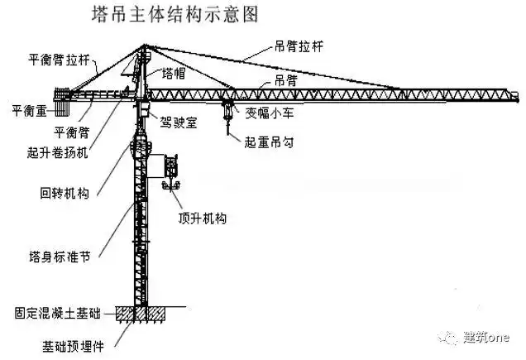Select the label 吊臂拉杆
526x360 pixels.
299,47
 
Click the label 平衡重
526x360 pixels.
28,108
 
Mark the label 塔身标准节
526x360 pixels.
59,254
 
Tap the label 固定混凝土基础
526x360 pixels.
57,313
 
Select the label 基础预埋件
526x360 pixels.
79,342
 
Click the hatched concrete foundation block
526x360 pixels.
143,314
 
